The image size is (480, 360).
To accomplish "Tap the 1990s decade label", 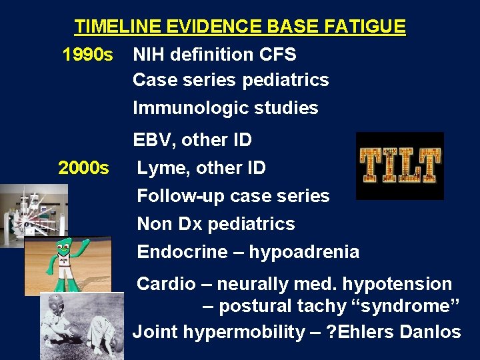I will pyautogui.click(x=87, y=54).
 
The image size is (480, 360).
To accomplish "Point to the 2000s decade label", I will pyautogui.click(x=83, y=168).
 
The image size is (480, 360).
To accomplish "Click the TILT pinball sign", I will pyautogui.click(x=399, y=165).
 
